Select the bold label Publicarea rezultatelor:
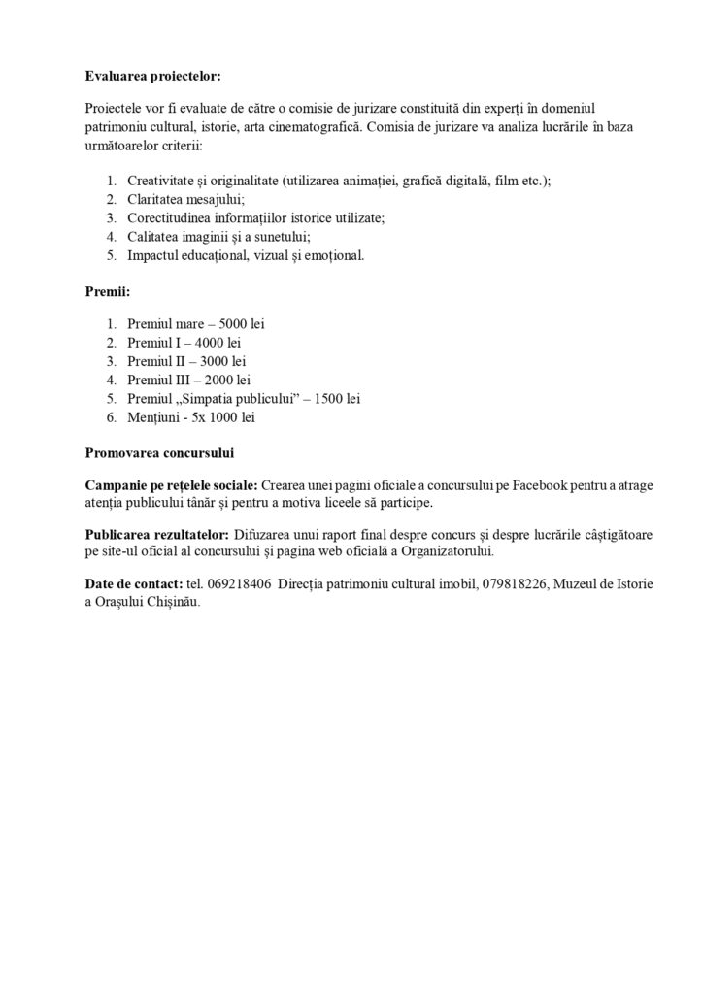[157, 535]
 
